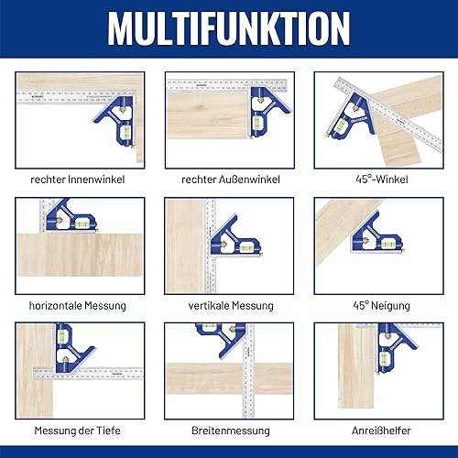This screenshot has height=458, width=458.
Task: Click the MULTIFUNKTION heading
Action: point(229,29)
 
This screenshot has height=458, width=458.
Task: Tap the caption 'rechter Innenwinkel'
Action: point(78,180)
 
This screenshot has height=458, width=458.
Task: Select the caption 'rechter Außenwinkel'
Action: point(231,180)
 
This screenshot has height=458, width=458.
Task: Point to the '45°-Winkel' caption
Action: point(382,180)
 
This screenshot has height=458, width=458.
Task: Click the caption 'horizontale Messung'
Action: point(78,305)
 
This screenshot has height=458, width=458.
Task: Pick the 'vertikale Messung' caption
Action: point(231,305)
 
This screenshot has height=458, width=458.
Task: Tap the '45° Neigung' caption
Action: point(381,305)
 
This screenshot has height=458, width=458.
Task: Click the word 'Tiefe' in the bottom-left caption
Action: point(108,431)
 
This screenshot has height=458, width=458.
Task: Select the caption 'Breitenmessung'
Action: point(231,431)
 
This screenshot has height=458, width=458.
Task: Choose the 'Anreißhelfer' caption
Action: point(381,431)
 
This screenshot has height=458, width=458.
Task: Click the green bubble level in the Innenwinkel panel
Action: point(125,133)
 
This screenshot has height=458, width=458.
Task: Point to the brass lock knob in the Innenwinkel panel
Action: point(124,108)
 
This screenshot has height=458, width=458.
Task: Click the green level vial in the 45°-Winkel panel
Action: point(342,125)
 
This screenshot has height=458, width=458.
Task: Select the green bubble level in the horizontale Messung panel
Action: point(82,224)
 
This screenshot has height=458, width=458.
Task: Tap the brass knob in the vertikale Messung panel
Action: point(224,244)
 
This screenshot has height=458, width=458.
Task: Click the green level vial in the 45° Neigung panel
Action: point(387,244)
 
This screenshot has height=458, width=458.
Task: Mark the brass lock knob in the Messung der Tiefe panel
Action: point(66,359)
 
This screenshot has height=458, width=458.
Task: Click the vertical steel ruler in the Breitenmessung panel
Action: point(248,370)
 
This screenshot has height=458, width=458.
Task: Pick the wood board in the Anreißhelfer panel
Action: point(356,366)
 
